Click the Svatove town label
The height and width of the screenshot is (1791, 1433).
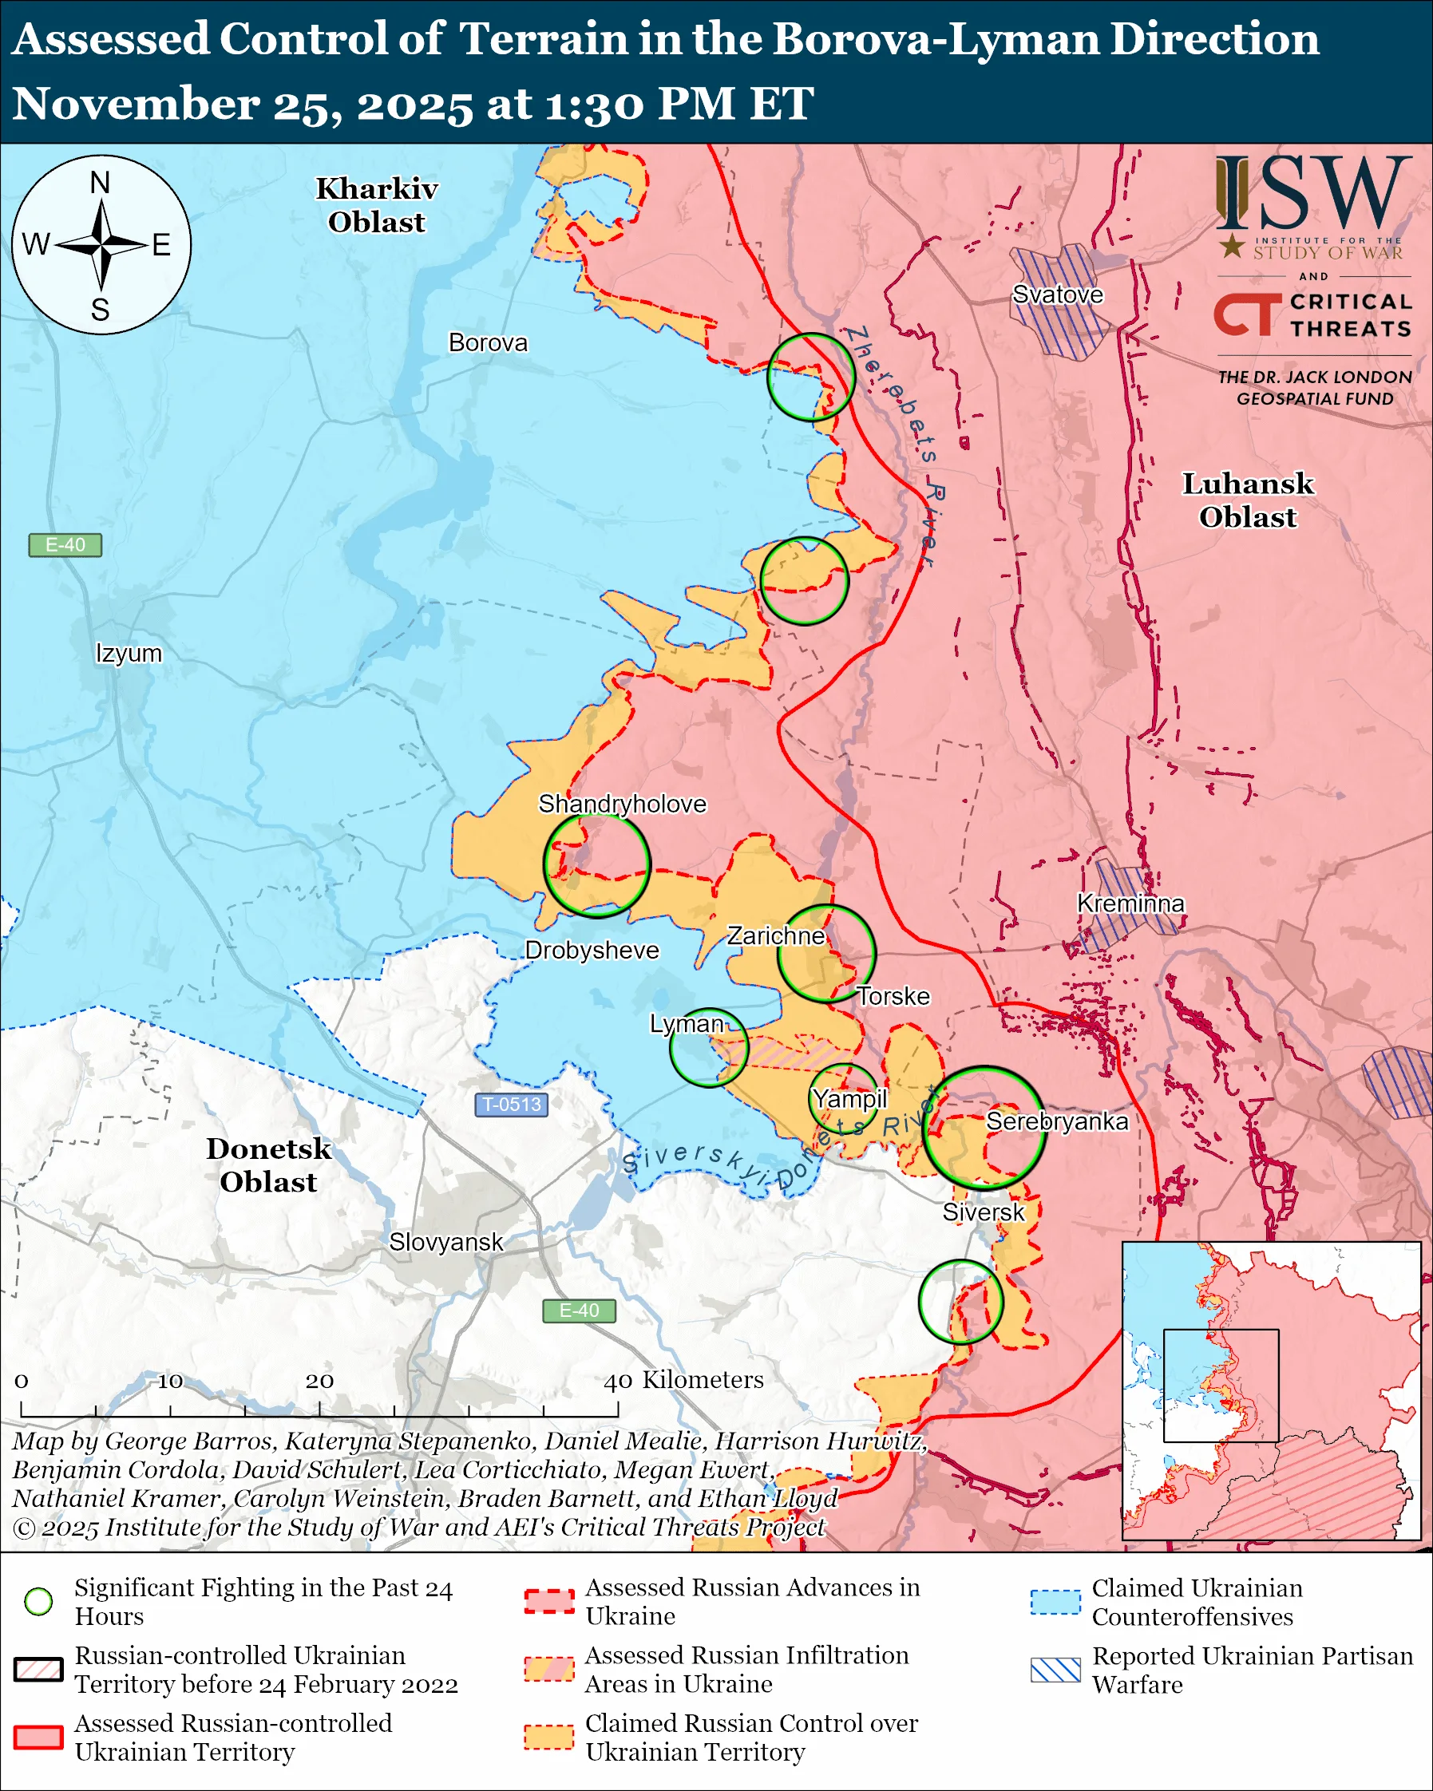tap(1058, 295)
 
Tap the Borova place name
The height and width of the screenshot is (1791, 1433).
tap(488, 342)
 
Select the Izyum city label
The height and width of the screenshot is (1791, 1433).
tap(129, 653)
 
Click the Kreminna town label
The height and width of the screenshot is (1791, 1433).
tap(1130, 903)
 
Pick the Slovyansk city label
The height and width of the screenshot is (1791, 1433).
tap(446, 1242)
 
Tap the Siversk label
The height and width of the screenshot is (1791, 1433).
tap(983, 1212)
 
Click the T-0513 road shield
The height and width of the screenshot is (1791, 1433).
tap(511, 1105)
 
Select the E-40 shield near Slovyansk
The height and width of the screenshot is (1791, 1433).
tap(579, 1310)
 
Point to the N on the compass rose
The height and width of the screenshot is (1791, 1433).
tap(100, 183)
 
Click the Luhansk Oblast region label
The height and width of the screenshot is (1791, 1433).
tap(1248, 500)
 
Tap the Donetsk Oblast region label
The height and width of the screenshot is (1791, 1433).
tap(268, 1164)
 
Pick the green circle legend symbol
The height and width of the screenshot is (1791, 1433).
tap(39, 1602)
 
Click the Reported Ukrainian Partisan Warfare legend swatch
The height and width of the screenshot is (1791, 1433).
tap(1055, 1670)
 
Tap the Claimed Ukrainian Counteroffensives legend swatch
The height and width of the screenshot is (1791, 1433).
tap(1055, 1602)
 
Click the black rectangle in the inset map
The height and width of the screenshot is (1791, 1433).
tap(1221, 1386)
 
